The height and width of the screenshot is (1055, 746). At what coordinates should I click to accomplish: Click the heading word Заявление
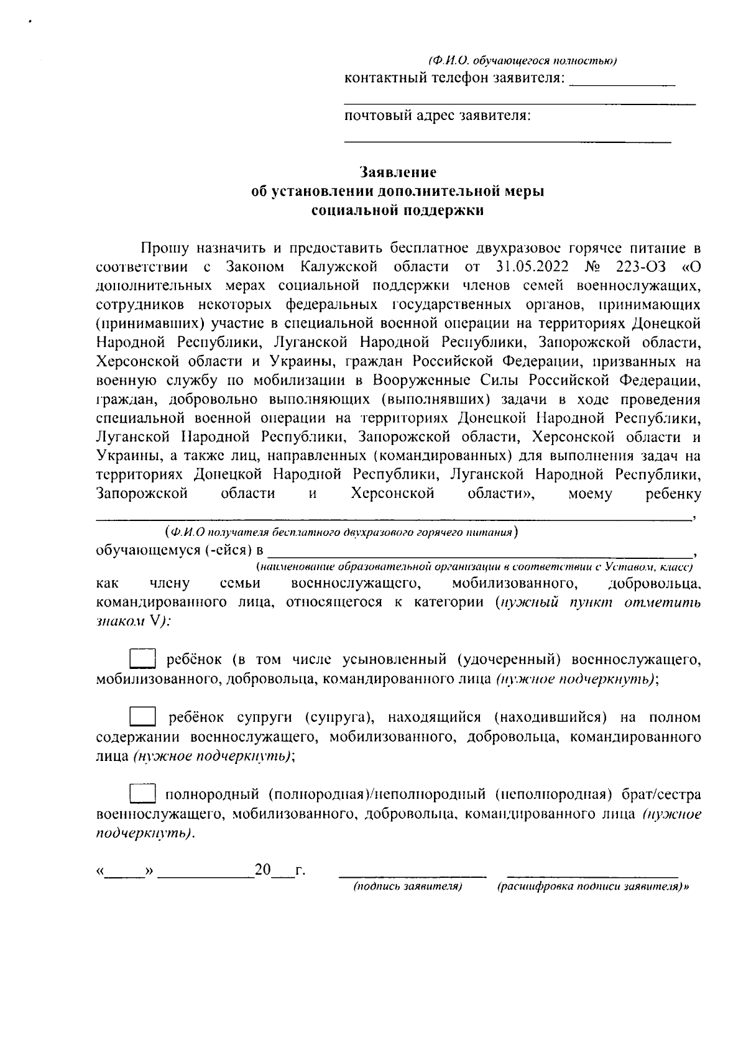click(x=398, y=172)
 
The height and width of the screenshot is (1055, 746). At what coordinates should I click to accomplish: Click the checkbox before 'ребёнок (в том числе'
click(x=142, y=658)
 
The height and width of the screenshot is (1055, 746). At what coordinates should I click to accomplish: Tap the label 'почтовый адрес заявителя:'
click(x=437, y=116)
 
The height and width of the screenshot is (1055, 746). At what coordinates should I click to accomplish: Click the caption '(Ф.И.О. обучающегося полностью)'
click(x=522, y=60)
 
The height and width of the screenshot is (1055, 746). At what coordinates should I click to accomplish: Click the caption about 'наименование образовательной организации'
click(x=475, y=567)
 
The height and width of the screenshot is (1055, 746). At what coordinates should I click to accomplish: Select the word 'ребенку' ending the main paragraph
click(x=673, y=494)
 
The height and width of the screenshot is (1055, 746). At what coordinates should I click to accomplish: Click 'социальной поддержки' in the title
click(x=398, y=211)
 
